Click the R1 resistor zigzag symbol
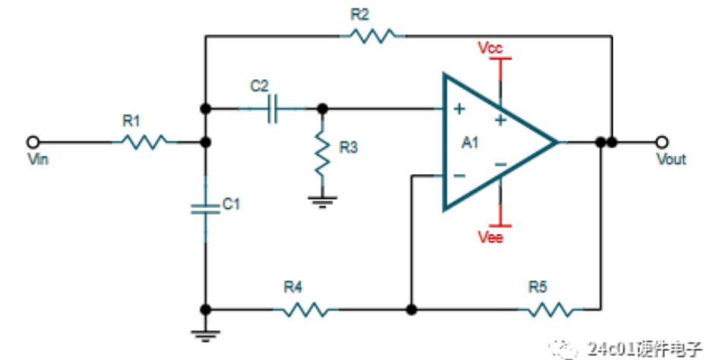143,141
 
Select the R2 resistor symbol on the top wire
371,34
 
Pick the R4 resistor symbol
306,310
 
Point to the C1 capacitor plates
205,208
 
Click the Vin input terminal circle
33,141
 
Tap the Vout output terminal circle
663,141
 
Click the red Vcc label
490,48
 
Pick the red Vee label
490,238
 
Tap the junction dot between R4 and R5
411,310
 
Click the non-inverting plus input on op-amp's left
459,109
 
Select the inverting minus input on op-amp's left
459,176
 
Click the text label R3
348,147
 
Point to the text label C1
231,204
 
